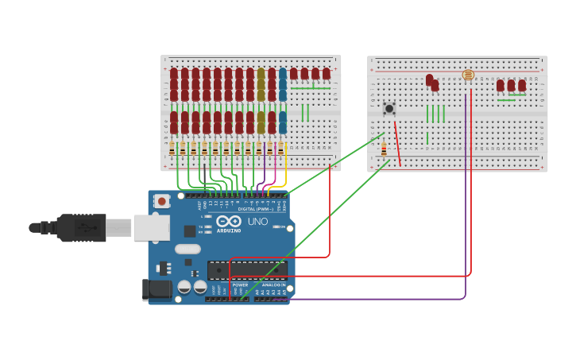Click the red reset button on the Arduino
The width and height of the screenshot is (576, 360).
coord(162,202)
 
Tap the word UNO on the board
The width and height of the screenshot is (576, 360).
coord(257,222)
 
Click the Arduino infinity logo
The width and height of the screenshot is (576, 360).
coord(229,222)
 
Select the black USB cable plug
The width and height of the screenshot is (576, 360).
coord(79,228)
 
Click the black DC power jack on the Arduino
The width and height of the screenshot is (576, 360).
coord(157,289)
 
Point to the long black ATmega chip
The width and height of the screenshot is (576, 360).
coord(247,269)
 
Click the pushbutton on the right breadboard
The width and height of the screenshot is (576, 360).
coord(389,108)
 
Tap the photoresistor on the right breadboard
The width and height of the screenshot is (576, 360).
coord(468,75)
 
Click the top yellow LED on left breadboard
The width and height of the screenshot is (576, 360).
coord(261,75)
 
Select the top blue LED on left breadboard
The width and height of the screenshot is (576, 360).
coord(282,75)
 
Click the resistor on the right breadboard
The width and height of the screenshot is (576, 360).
coord(384,149)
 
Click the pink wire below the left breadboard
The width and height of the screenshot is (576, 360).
coord(275,173)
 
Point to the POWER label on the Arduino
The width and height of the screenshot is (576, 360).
coord(240,285)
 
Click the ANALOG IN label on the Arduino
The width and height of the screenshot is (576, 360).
coord(274,285)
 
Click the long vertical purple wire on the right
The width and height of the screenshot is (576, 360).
coord(466,199)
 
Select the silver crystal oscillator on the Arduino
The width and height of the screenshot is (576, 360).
coord(187,249)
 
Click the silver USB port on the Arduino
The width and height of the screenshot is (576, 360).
coord(150,228)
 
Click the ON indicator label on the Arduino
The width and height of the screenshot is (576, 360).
coord(282,226)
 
